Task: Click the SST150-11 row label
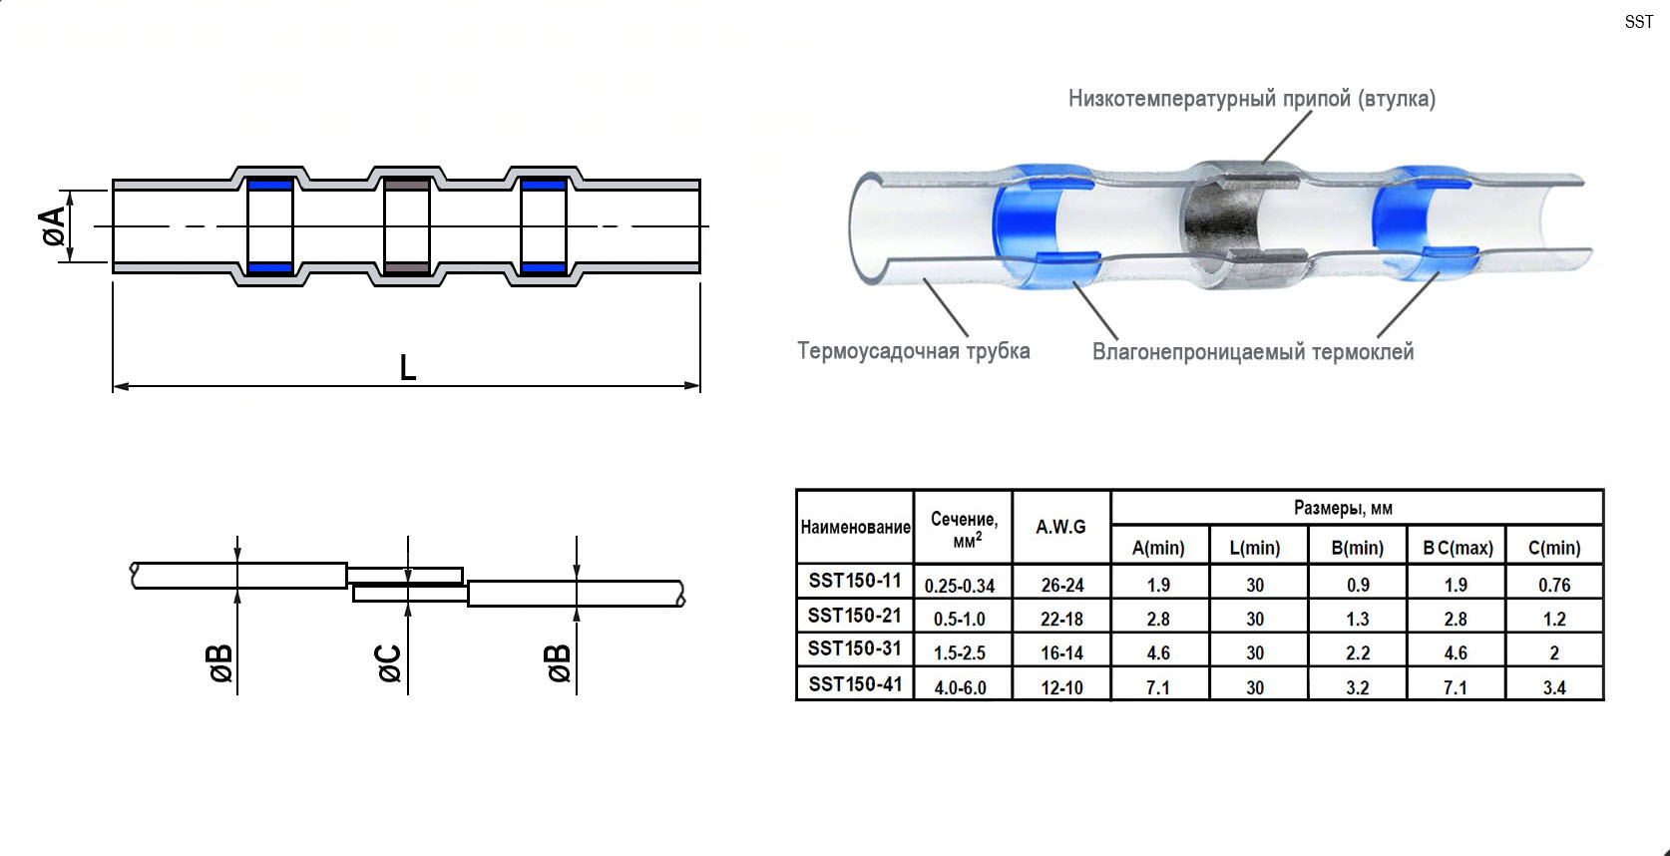pos(855,581)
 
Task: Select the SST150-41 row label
pos(855,684)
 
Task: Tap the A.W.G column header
pos(1060,527)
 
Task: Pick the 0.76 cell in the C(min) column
pos(1554,586)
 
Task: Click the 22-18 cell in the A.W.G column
pos(1061,620)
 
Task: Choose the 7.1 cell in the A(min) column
pos(1158,687)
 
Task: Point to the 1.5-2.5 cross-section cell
pos(960,653)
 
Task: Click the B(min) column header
pos(1358,548)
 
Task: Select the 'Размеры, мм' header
pos(1343,509)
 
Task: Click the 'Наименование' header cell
pos(856,527)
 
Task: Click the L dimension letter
pos(407,368)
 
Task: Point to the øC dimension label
pos(389,663)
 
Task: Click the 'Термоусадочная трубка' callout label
pos(914,351)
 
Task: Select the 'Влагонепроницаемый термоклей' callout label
pos(1253,351)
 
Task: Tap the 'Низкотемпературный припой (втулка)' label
pos(1252,99)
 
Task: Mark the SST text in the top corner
pos(1639,22)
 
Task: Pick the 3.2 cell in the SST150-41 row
pos(1358,687)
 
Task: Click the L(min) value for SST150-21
pos(1255,620)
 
